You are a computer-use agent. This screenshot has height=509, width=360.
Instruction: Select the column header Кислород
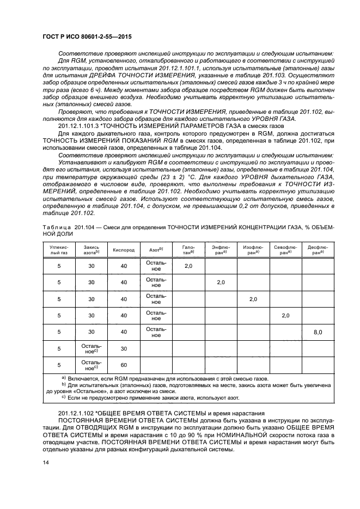(124, 250)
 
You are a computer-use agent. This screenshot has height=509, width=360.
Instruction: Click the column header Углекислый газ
(59, 250)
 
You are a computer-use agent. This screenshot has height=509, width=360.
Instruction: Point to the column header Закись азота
(91, 250)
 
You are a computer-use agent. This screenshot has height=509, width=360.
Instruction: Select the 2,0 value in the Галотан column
(188, 266)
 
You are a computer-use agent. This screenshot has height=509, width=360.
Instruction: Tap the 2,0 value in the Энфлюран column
(221, 283)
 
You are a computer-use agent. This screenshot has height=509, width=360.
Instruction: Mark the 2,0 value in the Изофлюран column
(253, 299)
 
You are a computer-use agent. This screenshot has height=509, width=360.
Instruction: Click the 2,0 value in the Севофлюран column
(285, 315)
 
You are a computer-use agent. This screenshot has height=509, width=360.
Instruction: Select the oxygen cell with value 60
(124, 364)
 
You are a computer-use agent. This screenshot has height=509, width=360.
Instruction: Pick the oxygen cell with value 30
(124, 348)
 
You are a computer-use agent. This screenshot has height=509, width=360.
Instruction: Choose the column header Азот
(156, 250)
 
